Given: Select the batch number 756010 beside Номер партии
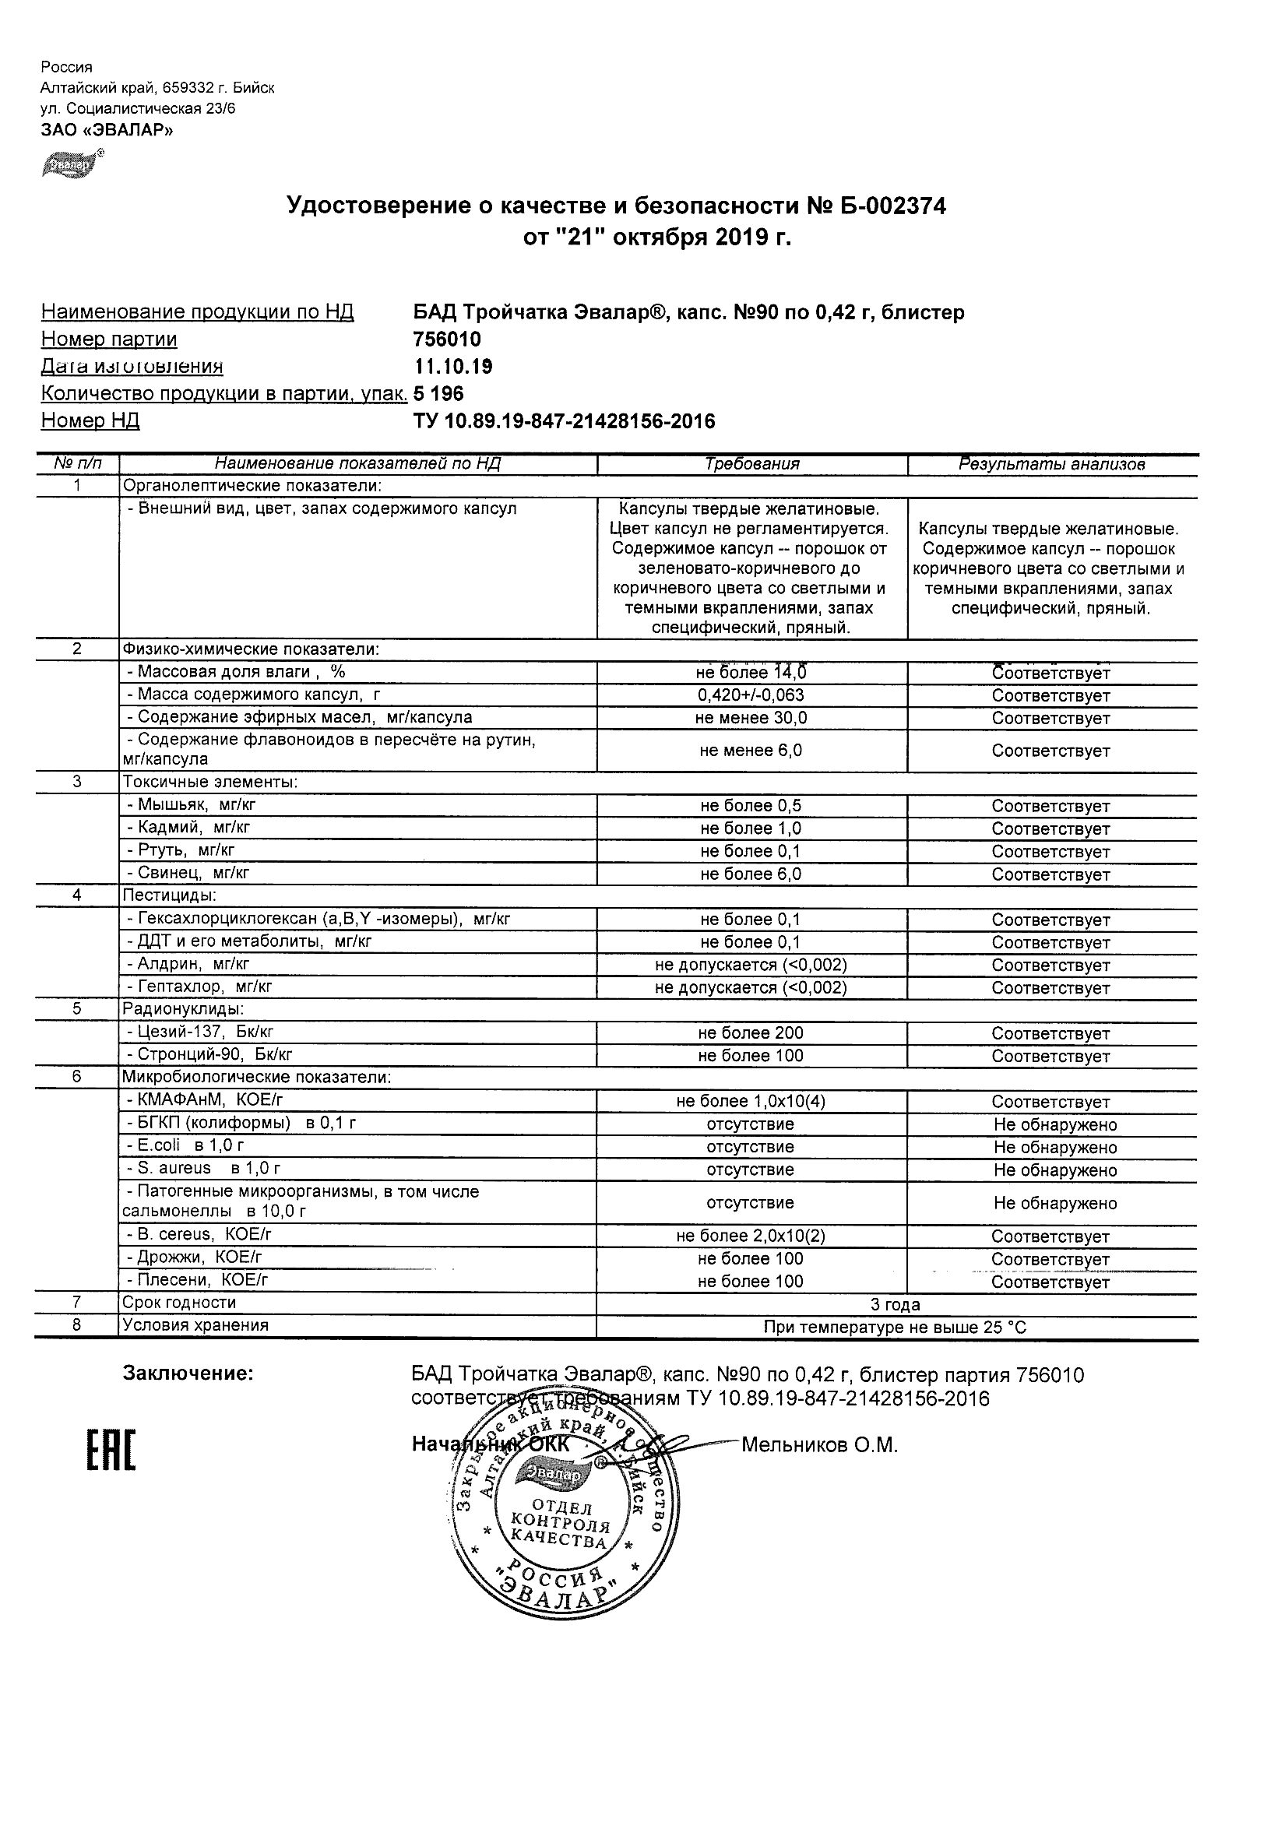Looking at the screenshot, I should tap(447, 339).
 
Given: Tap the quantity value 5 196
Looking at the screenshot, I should tap(438, 394).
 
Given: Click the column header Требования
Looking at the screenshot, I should tap(751, 464).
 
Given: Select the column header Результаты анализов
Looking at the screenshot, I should tap(1051, 464).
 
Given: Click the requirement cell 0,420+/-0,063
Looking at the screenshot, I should tap(751, 696).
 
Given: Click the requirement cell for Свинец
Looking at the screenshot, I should tap(751, 874).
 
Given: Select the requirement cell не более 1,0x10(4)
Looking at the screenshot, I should tap(751, 1102).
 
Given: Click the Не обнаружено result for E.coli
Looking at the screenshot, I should tap(1054, 1148).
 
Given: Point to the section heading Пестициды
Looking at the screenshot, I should tap(169, 896).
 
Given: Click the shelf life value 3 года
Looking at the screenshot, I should tap(896, 1305).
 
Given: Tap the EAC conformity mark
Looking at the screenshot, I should tap(111, 1450).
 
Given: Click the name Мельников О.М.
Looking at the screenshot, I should tap(819, 1446).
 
